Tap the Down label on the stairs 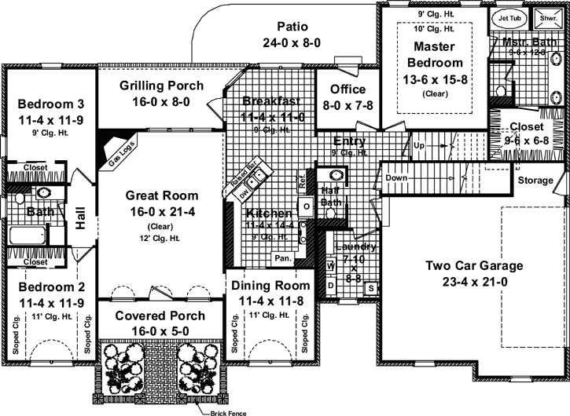click(x=398, y=177)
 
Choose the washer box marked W click(x=331, y=266)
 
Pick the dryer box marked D click(x=331, y=284)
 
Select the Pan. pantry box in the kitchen click(x=281, y=257)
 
